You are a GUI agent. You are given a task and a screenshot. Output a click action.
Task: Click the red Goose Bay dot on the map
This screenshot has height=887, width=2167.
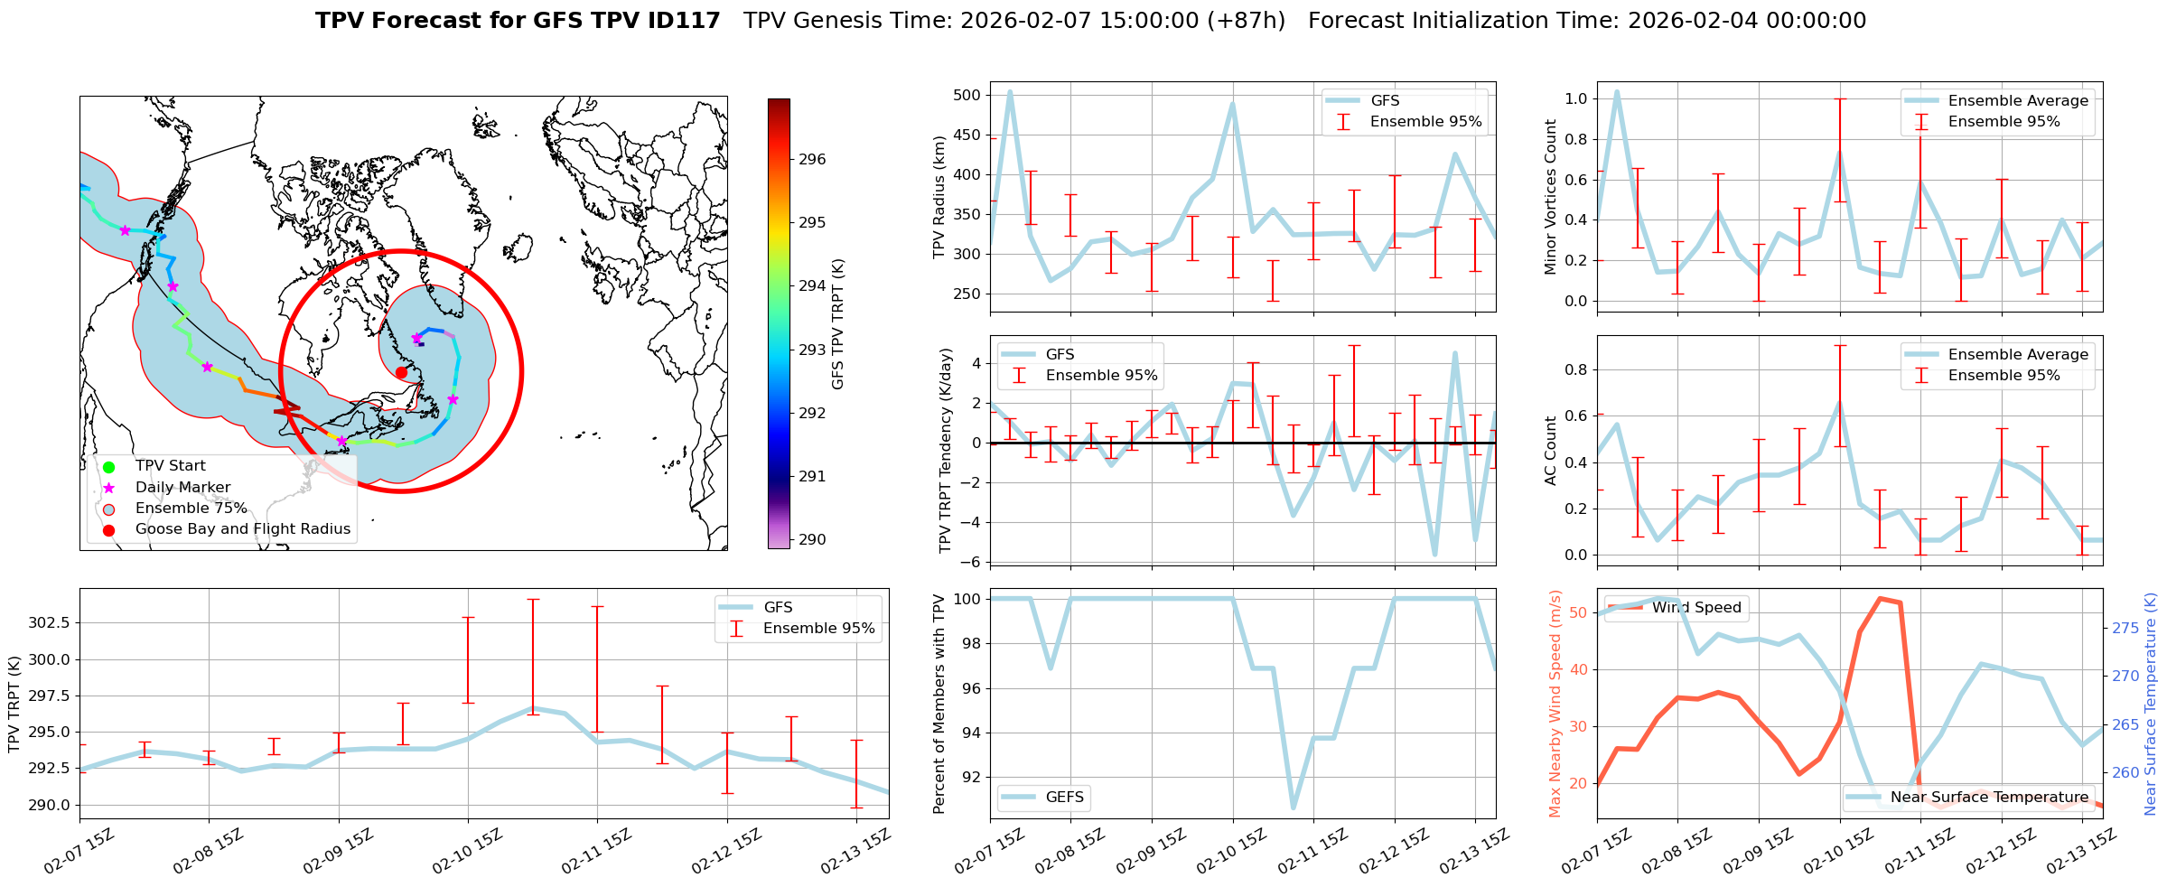pos(401,372)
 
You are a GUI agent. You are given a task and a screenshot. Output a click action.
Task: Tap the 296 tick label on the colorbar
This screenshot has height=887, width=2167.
pos(812,160)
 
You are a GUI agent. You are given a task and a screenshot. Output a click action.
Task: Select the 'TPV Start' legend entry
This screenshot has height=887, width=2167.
pos(170,466)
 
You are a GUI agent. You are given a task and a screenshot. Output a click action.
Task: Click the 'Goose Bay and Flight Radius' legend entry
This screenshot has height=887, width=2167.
pos(242,529)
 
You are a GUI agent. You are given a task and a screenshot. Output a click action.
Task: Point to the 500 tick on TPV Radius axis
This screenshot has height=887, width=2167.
pos(967,96)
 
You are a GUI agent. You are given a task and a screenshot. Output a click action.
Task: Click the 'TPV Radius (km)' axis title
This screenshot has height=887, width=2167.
pos(940,197)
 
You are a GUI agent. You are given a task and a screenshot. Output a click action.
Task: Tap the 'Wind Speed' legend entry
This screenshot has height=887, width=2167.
pos(1695,608)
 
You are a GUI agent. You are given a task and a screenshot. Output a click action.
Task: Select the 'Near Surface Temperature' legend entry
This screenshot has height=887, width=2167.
pos(1989,797)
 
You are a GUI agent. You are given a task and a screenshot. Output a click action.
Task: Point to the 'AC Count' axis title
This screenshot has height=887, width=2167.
pos(1551,451)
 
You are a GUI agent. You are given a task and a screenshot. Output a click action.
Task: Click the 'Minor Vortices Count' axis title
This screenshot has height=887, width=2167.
pos(1551,197)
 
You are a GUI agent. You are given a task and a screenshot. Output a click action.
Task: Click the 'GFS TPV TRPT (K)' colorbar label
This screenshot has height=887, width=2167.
pos(838,324)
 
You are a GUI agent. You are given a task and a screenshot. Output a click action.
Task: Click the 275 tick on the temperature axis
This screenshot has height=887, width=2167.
pos(2125,628)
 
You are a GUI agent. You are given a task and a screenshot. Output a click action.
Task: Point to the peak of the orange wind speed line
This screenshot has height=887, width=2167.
pos(1880,598)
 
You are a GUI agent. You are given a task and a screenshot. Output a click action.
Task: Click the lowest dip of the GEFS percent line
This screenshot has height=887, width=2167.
pos(1294,808)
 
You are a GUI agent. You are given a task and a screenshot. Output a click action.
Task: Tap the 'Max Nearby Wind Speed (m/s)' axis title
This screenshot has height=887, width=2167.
pos(1555,704)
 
